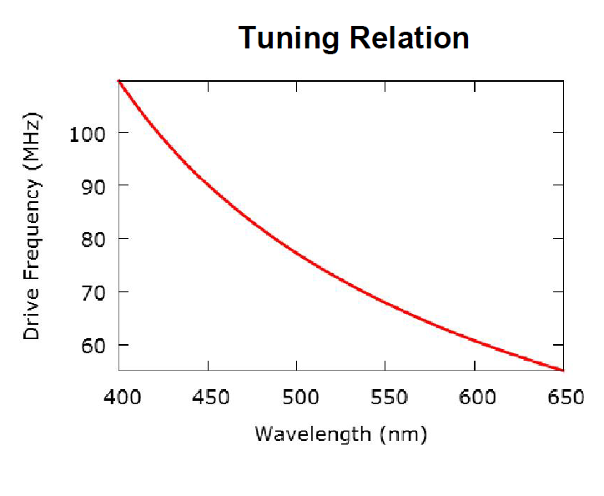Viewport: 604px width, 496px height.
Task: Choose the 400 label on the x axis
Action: (x=118, y=397)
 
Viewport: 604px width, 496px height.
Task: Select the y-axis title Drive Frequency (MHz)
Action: (x=32, y=225)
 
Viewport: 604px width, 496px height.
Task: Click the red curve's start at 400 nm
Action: (x=119, y=80)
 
